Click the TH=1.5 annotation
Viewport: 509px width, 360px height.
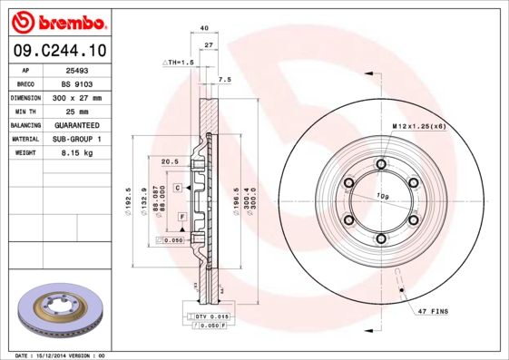(x=180, y=62)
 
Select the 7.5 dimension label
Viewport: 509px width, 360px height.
(x=225, y=80)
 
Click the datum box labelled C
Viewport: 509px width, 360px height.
(x=178, y=186)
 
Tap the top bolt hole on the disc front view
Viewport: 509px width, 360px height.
(x=380, y=165)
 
